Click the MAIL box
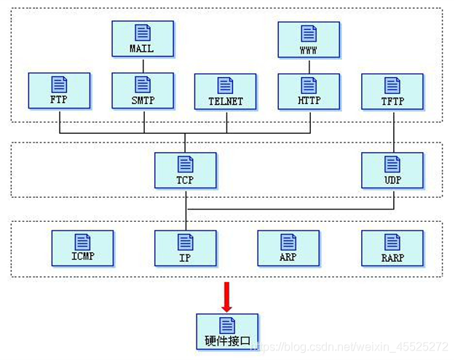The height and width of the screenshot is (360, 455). [143, 39]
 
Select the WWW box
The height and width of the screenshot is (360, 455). [309, 39]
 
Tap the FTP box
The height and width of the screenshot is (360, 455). [59, 91]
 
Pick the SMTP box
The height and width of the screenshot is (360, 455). [143, 91]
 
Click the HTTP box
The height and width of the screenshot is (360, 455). [309, 91]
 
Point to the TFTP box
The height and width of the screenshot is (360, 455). [392, 91]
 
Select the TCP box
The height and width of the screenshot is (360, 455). [185, 170]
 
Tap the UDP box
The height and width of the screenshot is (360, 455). [392, 170]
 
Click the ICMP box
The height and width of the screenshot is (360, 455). [82, 248]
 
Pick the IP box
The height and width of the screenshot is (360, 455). [185, 248]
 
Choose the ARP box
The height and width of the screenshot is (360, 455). [288, 248]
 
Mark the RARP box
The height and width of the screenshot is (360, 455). [392, 248]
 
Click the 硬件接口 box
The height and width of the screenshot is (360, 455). [227, 332]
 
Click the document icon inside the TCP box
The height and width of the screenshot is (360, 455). [185, 164]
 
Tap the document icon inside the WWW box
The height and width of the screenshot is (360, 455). [309, 33]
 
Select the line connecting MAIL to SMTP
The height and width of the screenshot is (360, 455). [143, 65]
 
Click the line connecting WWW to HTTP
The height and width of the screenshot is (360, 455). [309, 65]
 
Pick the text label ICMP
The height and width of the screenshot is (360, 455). [82, 257]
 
